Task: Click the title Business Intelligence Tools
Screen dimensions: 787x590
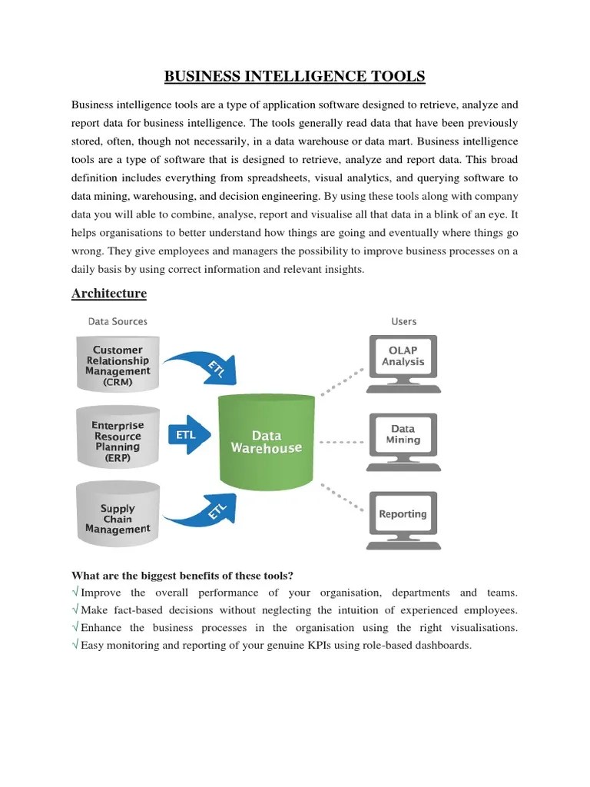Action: [294, 76]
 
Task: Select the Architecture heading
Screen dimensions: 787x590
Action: [108, 294]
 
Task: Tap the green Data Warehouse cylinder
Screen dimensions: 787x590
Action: [266, 442]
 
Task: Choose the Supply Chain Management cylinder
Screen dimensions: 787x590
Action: [118, 518]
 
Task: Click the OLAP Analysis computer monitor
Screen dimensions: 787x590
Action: [403, 357]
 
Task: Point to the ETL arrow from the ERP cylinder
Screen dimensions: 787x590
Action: [186, 434]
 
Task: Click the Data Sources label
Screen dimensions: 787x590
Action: [118, 321]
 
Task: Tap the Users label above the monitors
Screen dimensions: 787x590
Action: [403, 321]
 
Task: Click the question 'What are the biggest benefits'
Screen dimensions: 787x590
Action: [183, 576]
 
